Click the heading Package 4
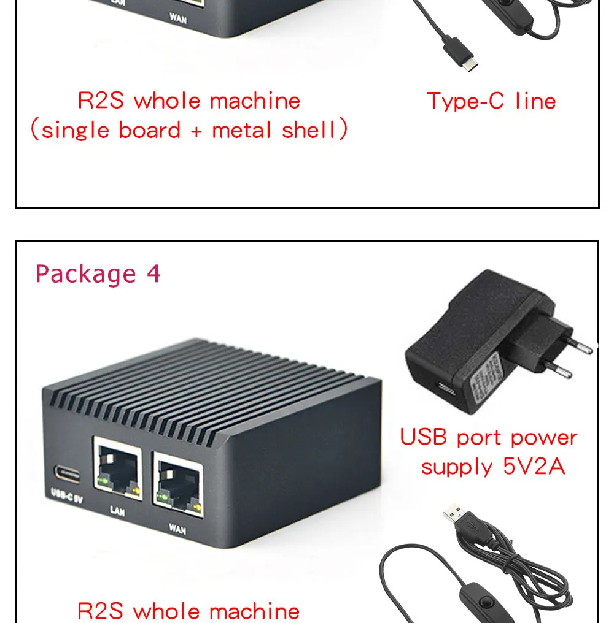pyautogui.click(x=98, y=273)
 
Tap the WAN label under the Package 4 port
pyautogui.click(x=177, y=527)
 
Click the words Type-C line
pyautogui.click(x=491, y=101)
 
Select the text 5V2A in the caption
pyautogui.click(x=534, y=467)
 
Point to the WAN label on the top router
pyautogui.click(x=178, y=19)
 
